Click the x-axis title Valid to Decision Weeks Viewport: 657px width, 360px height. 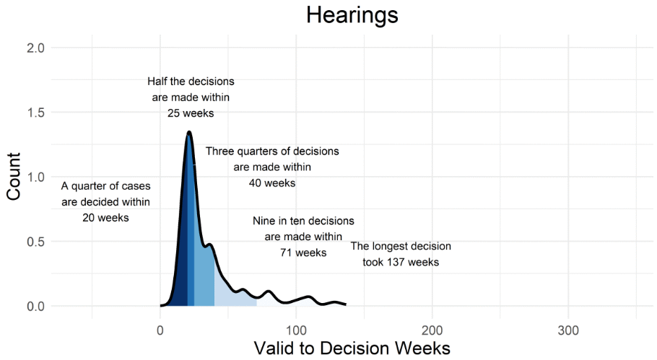pos(352,347)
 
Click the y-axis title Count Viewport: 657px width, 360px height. pos(14,177)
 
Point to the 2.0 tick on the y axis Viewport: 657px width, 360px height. pos(36,48)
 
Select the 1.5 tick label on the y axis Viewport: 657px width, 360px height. pos(36,113)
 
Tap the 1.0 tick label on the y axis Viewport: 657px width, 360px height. pos(36,177)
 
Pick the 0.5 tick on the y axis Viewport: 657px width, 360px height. pos(36,242)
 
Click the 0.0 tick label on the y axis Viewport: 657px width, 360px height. pos(36,306)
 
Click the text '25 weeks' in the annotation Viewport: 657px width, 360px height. pos(191,113)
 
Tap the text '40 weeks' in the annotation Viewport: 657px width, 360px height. pos(272,183)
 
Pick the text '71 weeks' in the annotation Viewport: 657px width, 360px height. pos(303,253)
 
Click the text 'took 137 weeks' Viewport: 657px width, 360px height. pos(401,262)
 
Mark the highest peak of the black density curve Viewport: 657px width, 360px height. pos(189,132)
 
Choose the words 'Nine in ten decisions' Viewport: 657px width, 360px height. pos(303,221)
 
